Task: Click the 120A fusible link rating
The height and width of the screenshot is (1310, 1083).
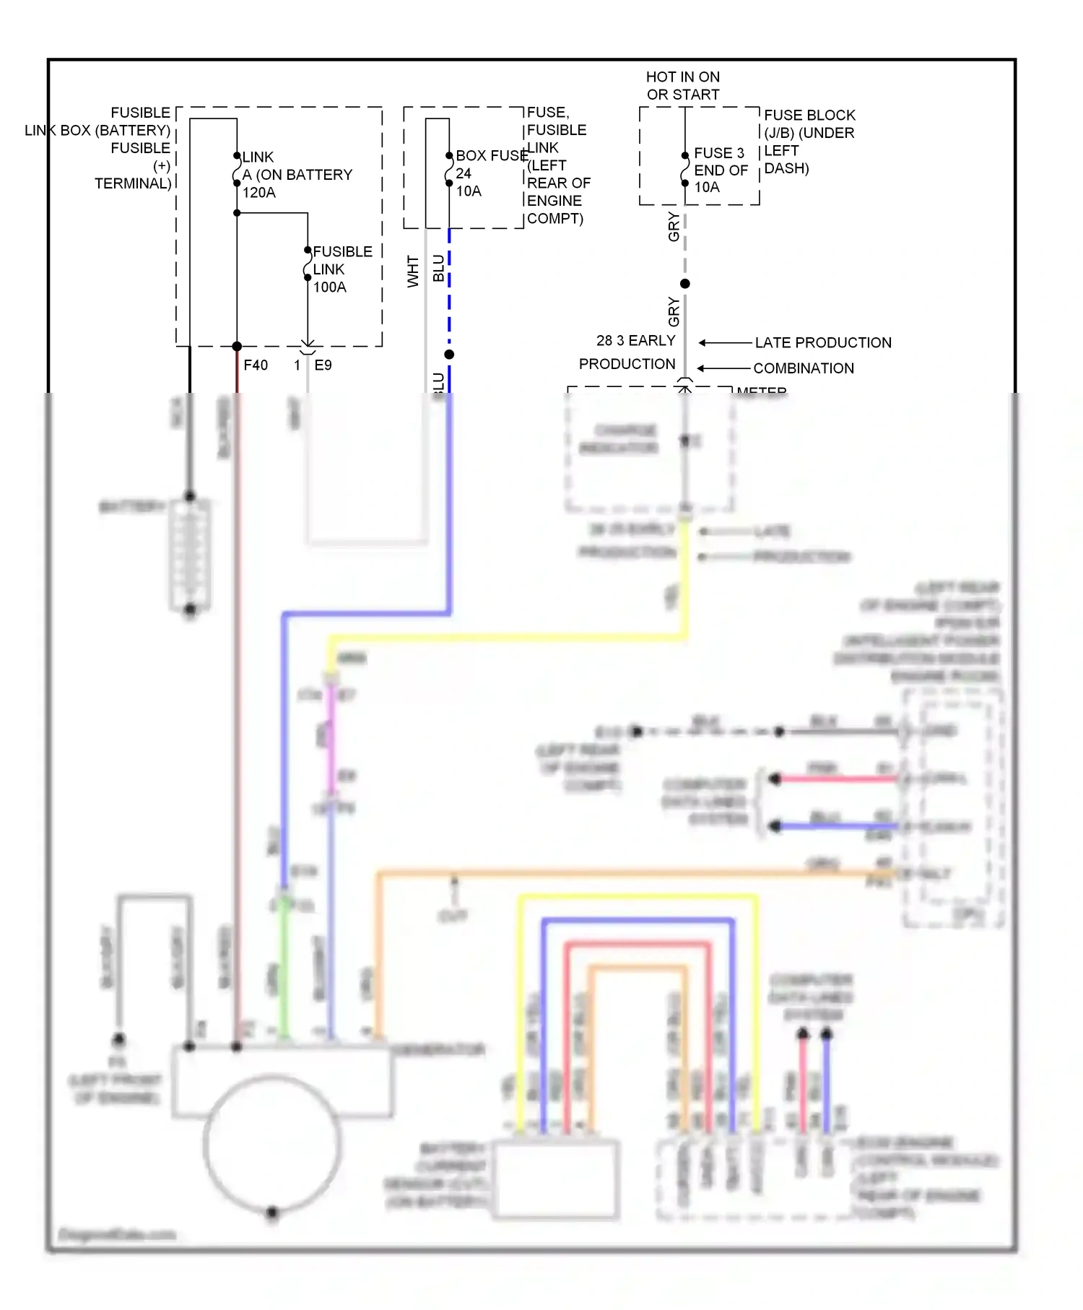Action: point(259,193)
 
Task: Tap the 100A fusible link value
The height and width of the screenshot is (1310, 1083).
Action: point(329,287)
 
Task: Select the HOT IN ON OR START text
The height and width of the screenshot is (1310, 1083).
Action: point(682,85)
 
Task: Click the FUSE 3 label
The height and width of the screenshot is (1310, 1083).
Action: point(718,153)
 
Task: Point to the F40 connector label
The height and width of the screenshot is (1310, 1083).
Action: point(256,365)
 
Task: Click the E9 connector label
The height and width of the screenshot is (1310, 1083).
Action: point(323,365)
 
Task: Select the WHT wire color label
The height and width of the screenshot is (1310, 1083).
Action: point(413,271)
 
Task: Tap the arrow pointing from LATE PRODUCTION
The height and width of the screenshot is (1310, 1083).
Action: point(724,342)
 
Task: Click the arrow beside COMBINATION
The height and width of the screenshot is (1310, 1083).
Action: point(723,368)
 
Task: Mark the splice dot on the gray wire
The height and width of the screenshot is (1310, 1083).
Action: point(684,284)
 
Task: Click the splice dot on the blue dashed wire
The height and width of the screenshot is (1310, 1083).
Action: point(449,355)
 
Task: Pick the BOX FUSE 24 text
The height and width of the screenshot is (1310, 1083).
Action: point(491,156)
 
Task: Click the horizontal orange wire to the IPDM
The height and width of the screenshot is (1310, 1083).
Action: point(614,874)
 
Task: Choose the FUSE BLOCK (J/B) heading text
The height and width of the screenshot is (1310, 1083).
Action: point(809,124)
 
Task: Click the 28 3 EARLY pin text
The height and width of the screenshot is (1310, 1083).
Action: point(635,340)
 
